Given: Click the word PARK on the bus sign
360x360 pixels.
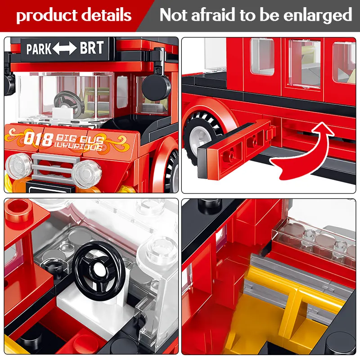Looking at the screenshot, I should click(x=39, y=49).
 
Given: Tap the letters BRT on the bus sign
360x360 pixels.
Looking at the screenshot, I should click(x=92, y=48).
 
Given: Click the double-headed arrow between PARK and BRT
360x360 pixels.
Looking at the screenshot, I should click(x=65, y=49).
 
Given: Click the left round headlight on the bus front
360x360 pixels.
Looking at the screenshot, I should click(x=18, y=166).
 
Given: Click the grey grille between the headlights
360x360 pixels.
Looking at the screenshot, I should click(x=52, y=167).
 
